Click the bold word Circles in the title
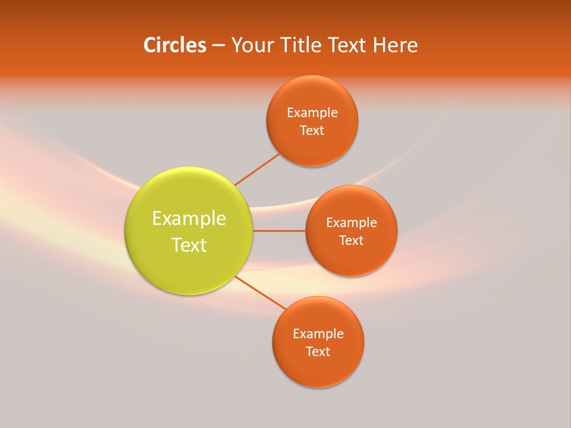click(174, 45)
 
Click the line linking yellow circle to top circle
click(257, 169)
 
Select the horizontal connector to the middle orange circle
click(279, 231)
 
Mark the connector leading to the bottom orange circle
click(259, 292)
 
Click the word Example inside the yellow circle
click(189, 219)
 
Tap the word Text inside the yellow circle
click(189, 245)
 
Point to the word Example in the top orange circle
click(312, 113)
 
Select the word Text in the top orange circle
click(312, 131)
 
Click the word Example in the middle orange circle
click(352, 223)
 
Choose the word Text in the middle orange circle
click(352, 241)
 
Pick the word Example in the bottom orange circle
click(318, 334)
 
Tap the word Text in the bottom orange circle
click(318, 352)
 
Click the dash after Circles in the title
click(218, 46)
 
